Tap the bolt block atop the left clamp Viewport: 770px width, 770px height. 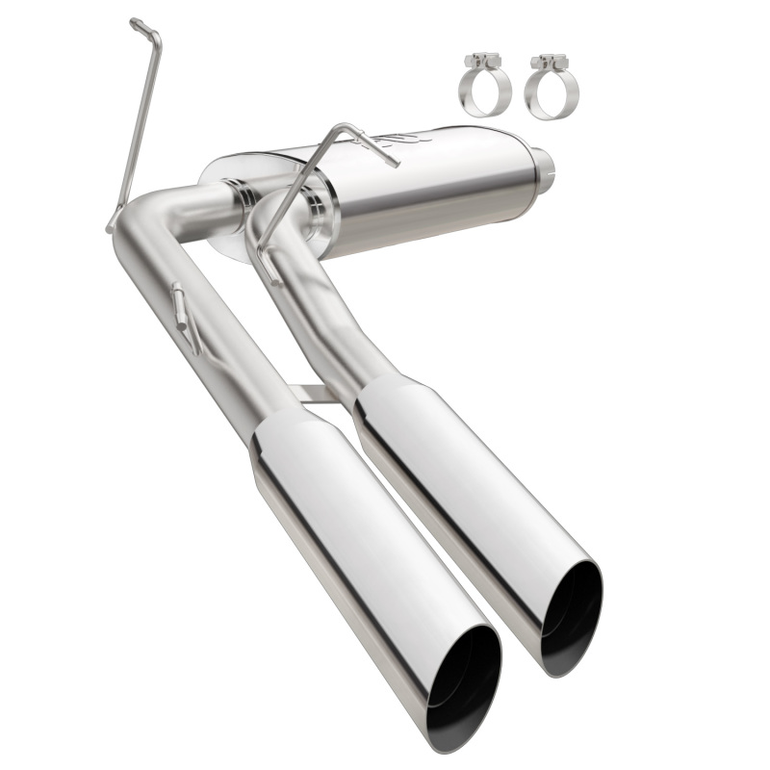(x=480, y=63)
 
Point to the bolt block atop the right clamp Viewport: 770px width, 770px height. (x=549, y=63)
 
